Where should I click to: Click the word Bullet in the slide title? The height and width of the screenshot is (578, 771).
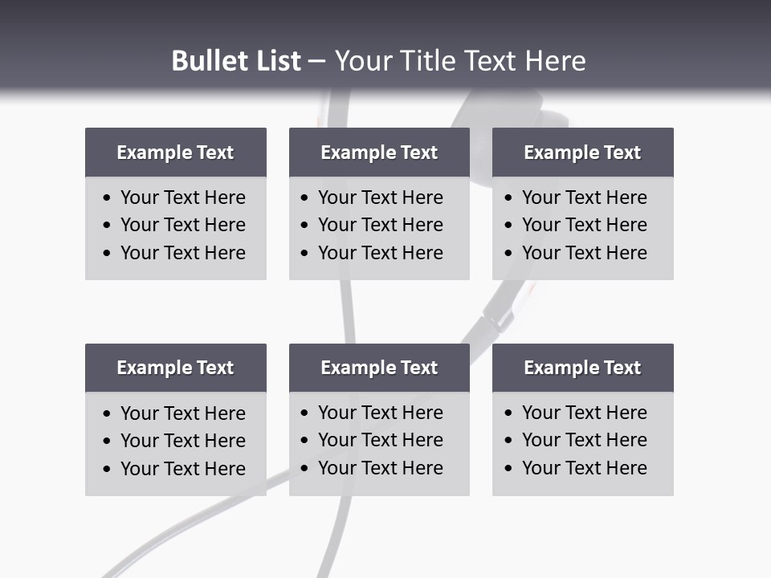[206, 61]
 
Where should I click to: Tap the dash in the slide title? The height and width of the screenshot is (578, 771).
[316, 62]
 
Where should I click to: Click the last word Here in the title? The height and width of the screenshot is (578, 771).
[555, 61]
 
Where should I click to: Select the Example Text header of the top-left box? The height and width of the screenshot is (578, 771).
[175, 153]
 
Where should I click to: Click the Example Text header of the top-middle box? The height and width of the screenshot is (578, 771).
[379, 153]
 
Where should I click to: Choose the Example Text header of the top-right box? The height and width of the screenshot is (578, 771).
[582, 153]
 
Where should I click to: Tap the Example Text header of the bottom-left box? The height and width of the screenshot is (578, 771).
[175, 368]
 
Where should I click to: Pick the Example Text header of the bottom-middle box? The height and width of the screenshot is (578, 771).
[379, 368]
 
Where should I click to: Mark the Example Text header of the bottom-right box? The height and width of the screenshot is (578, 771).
[582, 368]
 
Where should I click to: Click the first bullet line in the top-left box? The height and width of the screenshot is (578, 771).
[182, 197]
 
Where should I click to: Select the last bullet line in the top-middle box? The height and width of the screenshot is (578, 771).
[380, 253]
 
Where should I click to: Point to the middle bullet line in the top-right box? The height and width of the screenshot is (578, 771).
[584, 225]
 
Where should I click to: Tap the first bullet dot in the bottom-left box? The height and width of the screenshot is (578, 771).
[108, 414]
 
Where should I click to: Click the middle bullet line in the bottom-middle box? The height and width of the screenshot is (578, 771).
[380, 440]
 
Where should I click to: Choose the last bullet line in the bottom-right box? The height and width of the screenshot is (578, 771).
[584, 468]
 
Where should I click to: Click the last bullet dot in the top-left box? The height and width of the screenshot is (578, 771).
[108, 254]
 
